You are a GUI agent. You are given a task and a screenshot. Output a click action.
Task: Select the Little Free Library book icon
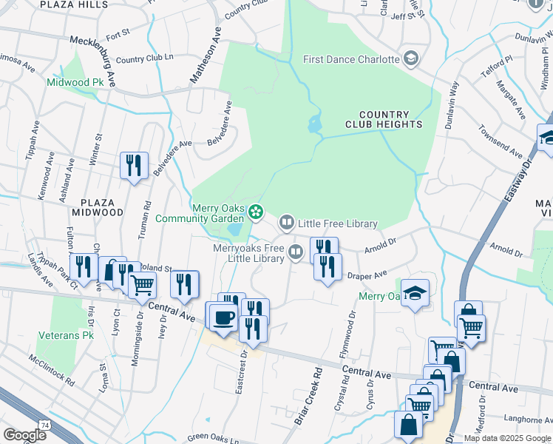tap(286, 222)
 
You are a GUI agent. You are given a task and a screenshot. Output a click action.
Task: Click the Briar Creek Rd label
tap(309, 396)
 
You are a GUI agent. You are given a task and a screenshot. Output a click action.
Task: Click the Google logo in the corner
tap(24, 435)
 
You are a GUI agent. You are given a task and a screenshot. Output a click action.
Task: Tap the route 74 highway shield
tap(45, 425)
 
